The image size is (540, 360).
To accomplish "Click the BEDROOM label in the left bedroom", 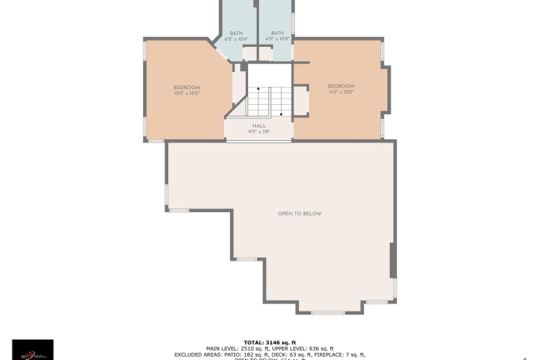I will tap(186, 87).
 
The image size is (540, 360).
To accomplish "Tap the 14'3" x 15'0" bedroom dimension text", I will tap(341, 92).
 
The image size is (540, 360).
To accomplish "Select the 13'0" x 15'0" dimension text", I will tap(186, 93).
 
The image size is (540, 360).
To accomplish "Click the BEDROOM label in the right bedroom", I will tap(341, 86).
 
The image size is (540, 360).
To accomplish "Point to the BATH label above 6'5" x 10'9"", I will tap(236, 33).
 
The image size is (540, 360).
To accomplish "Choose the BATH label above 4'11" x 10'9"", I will tap(277, 33).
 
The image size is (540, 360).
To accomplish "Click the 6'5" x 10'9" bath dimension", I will tap(236, 38).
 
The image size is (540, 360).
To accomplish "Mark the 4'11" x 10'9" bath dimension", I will tap(277, 38).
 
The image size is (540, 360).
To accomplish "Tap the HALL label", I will tap(259, 125).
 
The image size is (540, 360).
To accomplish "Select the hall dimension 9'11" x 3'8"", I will tap(259, 131).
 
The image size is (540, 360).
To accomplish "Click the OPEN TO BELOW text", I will tap(300, 214).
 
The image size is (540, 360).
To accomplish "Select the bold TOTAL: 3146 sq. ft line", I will tap(270, 342).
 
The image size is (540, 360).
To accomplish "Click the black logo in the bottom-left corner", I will tap(33, 348).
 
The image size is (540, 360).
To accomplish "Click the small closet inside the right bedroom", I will tap(301, 102).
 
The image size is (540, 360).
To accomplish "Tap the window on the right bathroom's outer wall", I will tap(293, 23).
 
